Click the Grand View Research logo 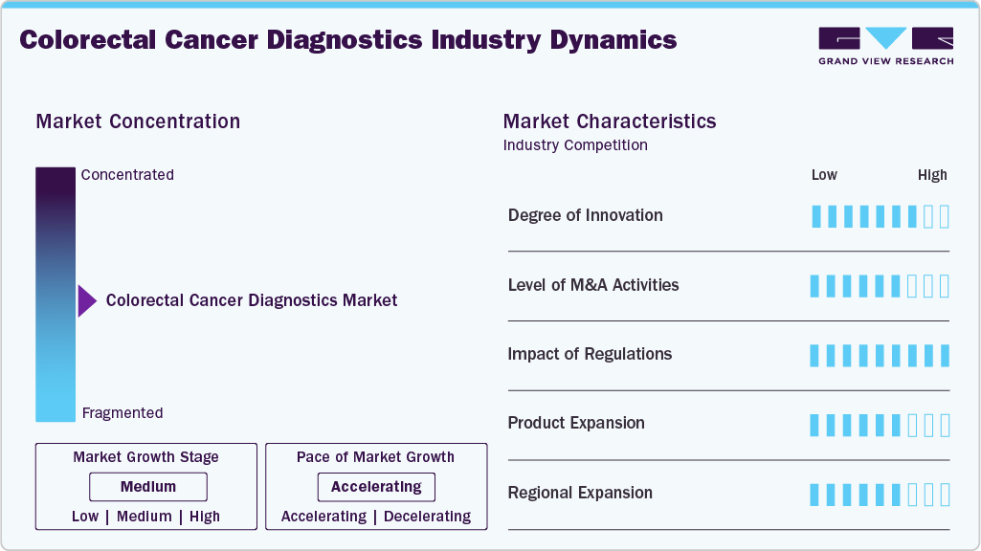tap(885, 45)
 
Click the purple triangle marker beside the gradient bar tap(87, 300)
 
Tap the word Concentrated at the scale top tap(127, 175)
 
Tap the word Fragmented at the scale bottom tap(123, 413)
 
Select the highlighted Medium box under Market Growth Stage tap(148, 487)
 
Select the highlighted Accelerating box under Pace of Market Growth tap(376, 487)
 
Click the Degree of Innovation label tap(585, 215)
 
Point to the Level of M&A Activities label tap(592, 285)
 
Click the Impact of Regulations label tap(590, 354)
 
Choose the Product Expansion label tap(576, 423)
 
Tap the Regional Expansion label tap(580, 493)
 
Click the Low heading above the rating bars tap(824, 175)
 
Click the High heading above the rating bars tap(931, 175)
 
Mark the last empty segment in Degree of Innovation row tap(945, 216)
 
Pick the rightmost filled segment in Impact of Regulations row tap(945, 356)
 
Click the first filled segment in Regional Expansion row tap(815, 495)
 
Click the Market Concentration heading tap(138, 121)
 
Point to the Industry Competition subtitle tap(575, 145)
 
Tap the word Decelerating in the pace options tap(427, 517)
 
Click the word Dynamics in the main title tap(613, 40)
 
